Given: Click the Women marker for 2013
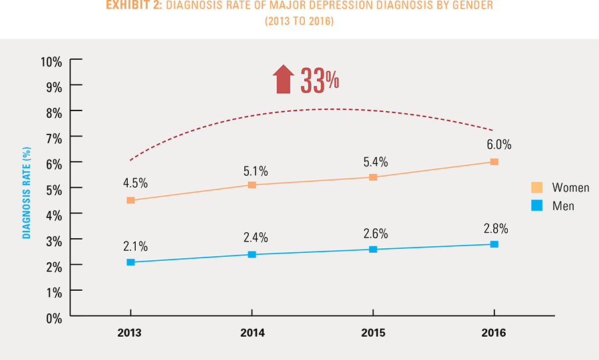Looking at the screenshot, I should pyautogui.click(x=130, y=200).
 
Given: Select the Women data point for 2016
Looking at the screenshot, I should pyautogui.click(x=494, y=162).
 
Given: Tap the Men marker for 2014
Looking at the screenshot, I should pyautogui.click(x=252, y=254).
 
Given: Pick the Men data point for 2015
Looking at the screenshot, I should pyautogui.click(x=373, y=250).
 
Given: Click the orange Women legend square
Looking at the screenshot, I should pyautogui.click(x=536, y=187).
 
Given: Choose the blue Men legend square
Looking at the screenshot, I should pyautogui.click(x=536, y=206).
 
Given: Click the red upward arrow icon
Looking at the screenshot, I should pyautogui.click(x=283, y=80).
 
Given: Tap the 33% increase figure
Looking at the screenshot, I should pyautogui.click(x=320, y=81).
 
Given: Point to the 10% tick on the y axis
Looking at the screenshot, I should pyautogui.click(x=51, y=61).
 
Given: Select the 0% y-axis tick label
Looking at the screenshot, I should pyautogui.click(x=54, y=317).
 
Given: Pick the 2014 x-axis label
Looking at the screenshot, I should pyautogui.click(x=252, y=333).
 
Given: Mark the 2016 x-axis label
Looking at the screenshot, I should pyautogui.click(x=494, y=333).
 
